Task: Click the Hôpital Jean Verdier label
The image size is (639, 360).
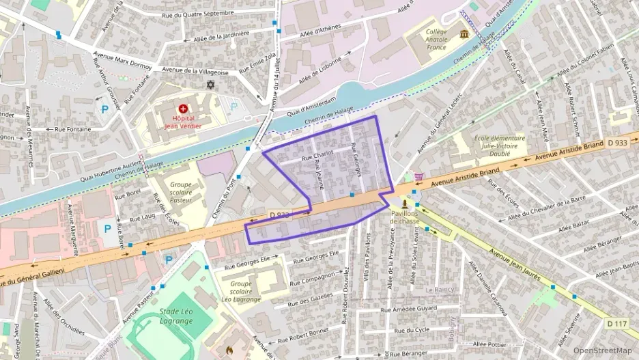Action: click(x=182, y=121)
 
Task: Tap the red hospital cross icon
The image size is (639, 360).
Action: click(x=183, y=108)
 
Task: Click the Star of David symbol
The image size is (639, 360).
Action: click(x=210, y=85)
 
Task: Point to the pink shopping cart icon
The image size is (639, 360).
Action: click(x=418, y=176)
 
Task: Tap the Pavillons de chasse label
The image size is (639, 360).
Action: click(x=405, y=217)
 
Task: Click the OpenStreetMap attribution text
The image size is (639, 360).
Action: click(x=602, y=350)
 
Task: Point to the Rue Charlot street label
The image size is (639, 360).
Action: click(x=317, y=156)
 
